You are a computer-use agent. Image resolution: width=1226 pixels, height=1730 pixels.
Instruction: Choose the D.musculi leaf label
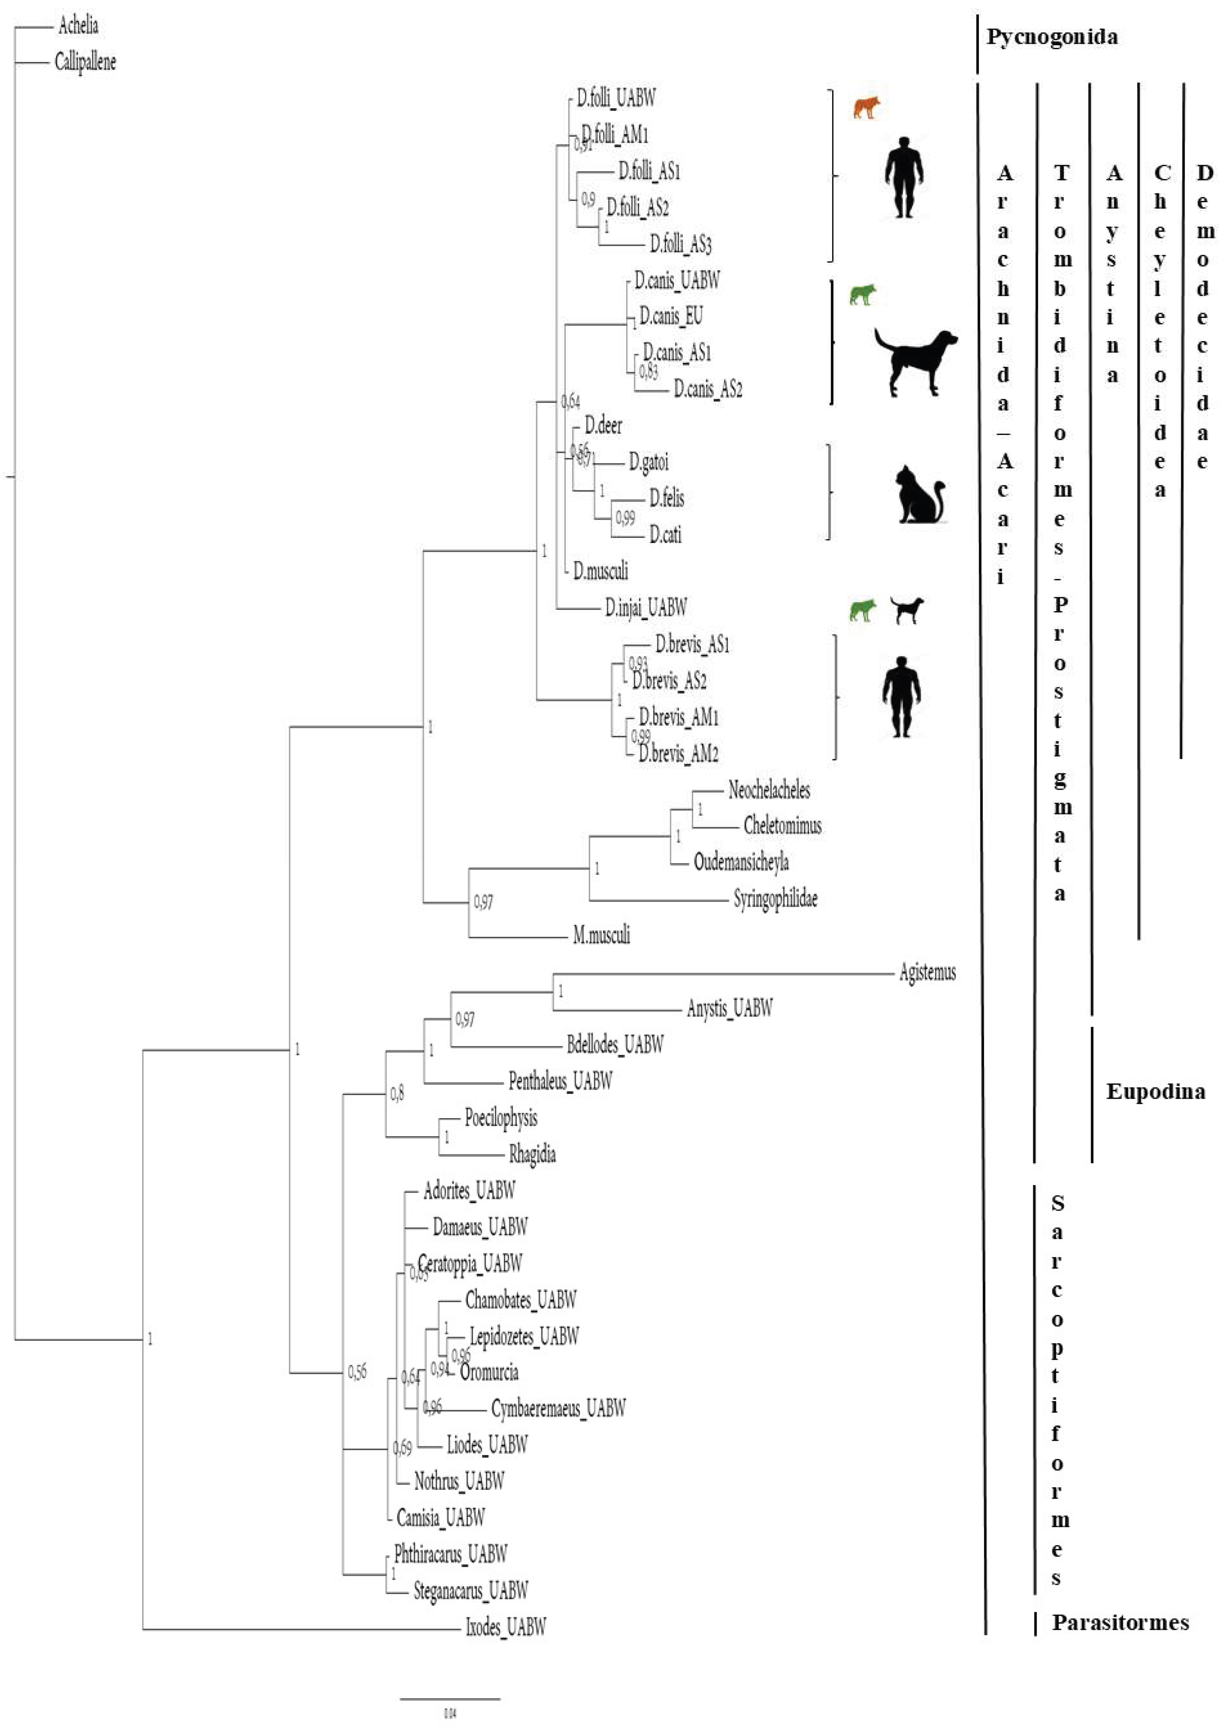(x=600, y=571)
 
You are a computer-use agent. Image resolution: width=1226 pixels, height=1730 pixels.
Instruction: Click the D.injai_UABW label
(x=645, y=608)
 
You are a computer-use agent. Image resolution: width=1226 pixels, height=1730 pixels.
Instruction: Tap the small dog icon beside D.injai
(x=906, y=610)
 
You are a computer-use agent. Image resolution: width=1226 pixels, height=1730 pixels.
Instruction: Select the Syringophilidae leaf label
(x=775, y=899)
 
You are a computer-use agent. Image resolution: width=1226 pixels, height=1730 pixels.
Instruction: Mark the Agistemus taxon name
(x=927, y=972)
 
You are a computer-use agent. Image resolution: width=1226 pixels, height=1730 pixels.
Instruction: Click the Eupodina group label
(x=1155, y=1091)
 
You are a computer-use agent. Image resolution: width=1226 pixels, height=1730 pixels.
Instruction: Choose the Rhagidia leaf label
(x=532, y=1154)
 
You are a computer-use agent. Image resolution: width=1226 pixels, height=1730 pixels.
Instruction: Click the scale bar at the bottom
(x=450, y=1699)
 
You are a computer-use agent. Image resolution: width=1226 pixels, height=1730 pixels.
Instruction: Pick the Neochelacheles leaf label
(x=768, y=790)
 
